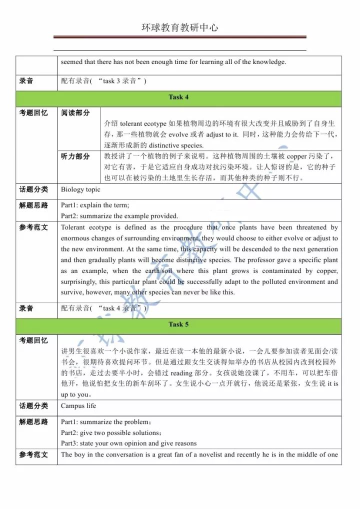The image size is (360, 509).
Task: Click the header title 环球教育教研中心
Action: coord(179,27)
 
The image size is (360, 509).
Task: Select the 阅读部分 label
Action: coord(75,113)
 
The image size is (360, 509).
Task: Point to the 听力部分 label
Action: coord(75,156)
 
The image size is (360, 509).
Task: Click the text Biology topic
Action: coord(80,189)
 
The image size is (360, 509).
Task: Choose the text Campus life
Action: coord(78,405)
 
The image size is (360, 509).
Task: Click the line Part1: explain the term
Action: coord(95,205)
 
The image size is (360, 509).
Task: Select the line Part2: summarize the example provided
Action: coord(119,216)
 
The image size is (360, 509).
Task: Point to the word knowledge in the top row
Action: coord(270,62)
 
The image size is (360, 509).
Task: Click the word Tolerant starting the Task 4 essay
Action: coord(73,227)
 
